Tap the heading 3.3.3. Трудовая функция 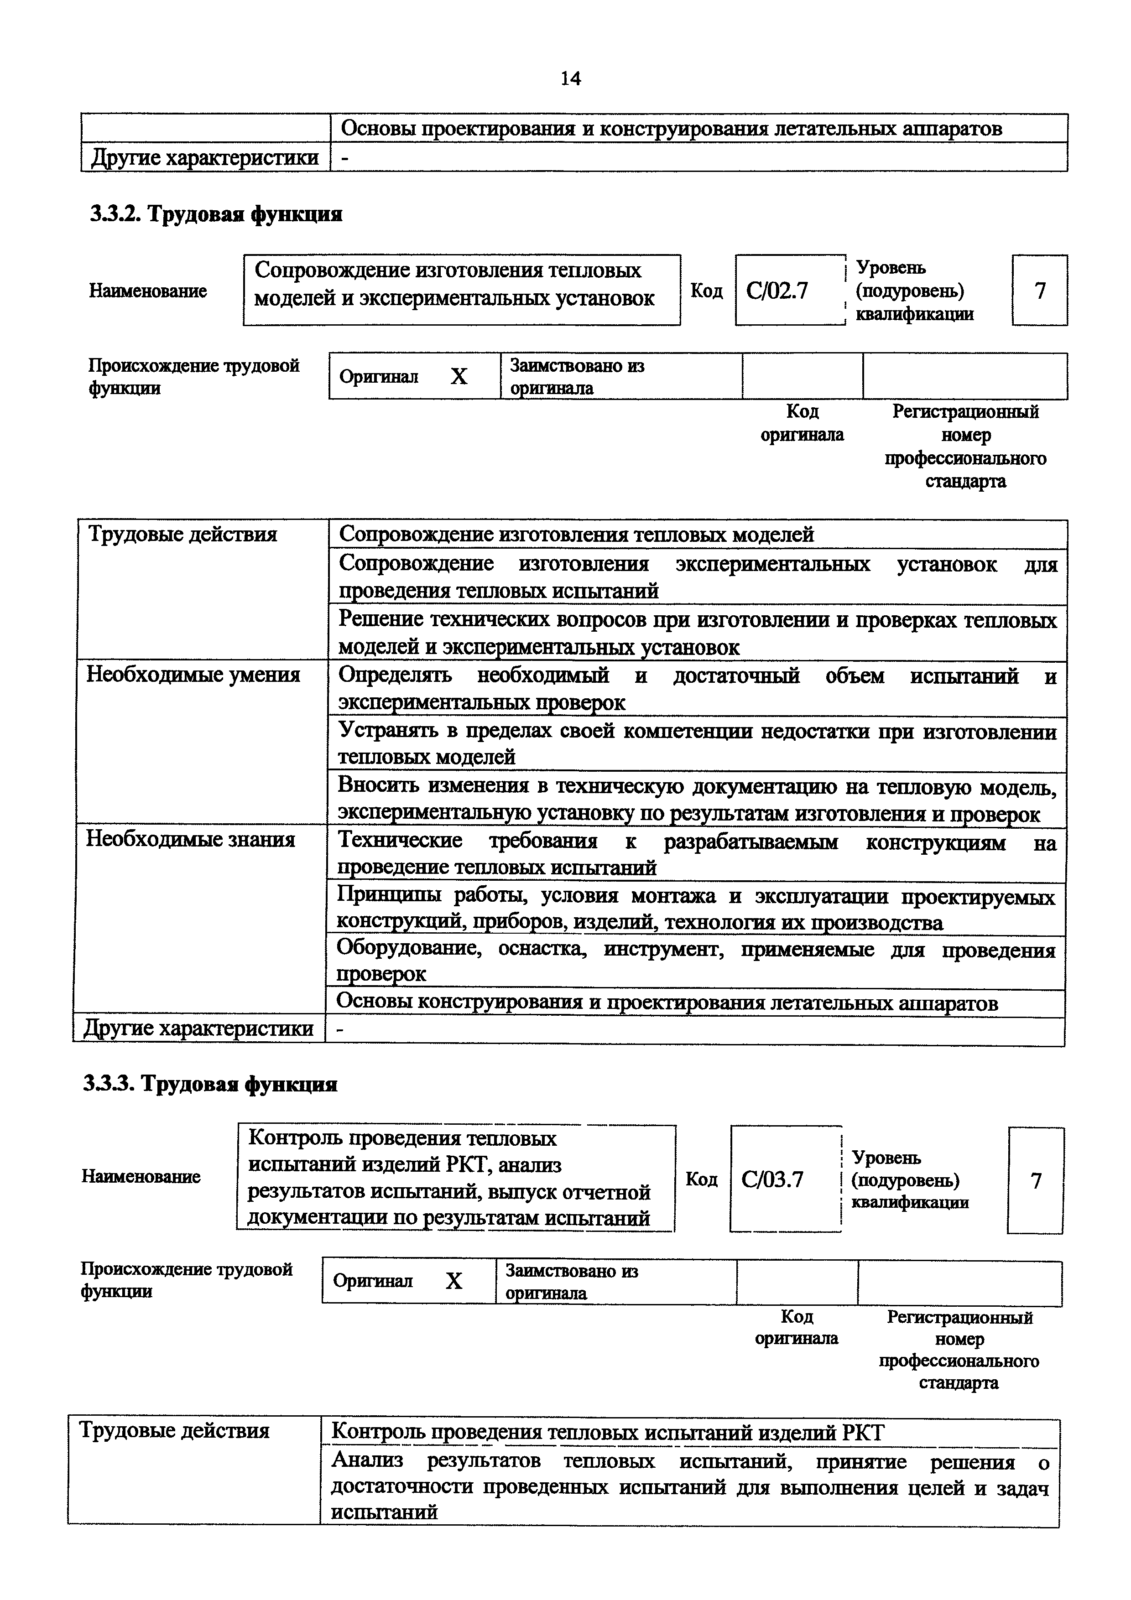click(x=210, y=1084)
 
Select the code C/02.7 click(x=777, y=291)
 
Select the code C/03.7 click(x=772, y=1179)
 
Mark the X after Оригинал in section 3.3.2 click(x=459, y=377)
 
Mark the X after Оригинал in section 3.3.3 click(x=453, y=1281)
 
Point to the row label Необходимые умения click(x=193, y=675)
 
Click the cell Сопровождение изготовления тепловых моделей click(x=576, y=535)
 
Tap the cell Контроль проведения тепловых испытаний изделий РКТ click(x=607, y=1433)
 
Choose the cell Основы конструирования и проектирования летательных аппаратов click(x=667, y=1003)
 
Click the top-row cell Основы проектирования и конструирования click(x=671, y=128)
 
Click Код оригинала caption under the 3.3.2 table click(x=802, y=423)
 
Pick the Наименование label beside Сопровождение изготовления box click(x=148, y=291)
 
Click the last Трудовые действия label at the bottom click(x=174, y=1431)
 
